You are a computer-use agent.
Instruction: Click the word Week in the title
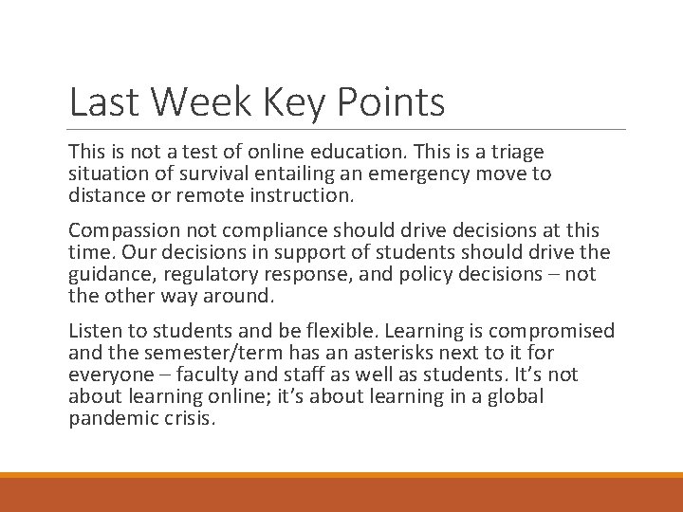click(197, 102)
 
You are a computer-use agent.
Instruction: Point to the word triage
click(517, 153)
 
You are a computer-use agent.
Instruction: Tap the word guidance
click(104, 275)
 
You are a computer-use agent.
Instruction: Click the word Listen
click(93, 331)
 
